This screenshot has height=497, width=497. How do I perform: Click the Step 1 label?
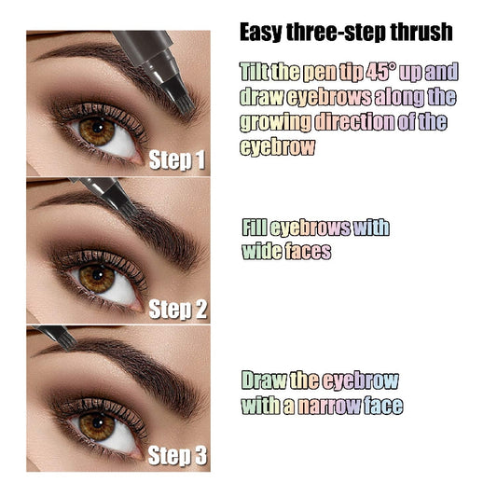[177, 160]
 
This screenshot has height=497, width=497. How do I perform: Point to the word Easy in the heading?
[261, 32]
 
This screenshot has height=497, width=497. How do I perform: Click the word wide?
[262, 251]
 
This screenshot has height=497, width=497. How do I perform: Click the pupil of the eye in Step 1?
[96, 131]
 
